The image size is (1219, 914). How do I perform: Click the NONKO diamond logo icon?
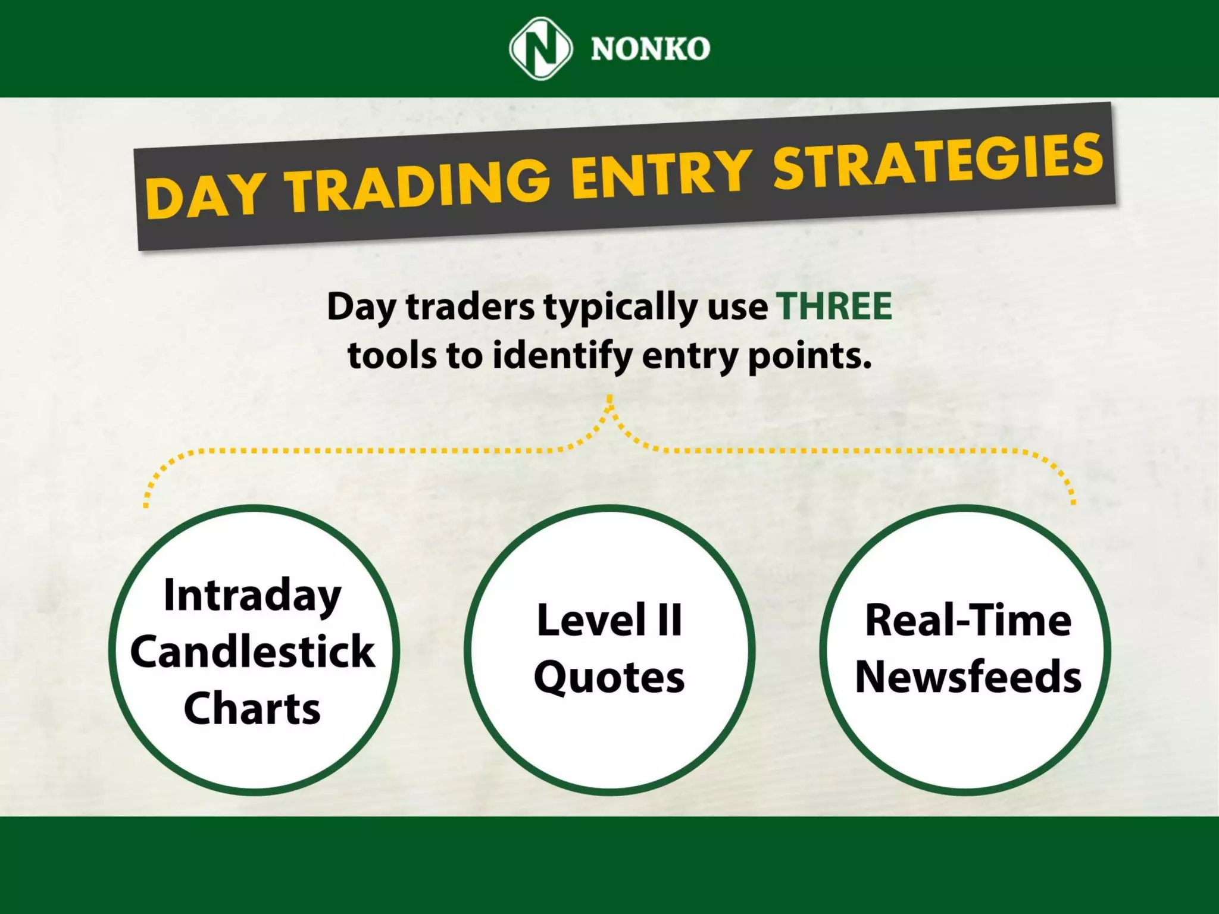(x=540, y=48)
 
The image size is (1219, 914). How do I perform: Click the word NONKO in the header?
(x=650, y=49)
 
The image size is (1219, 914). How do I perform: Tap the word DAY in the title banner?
(x=203, y=195)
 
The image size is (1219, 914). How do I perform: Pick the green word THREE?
(x=835, y=306)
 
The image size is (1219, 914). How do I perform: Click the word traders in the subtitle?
(x=470, y=308)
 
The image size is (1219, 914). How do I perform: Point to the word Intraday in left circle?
(x=252, y=595)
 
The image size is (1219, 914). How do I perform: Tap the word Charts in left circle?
(x=252, y=708)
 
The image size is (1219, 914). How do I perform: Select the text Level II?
(x=609, y=621)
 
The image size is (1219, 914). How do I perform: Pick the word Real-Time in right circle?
(x=968, y=621)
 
